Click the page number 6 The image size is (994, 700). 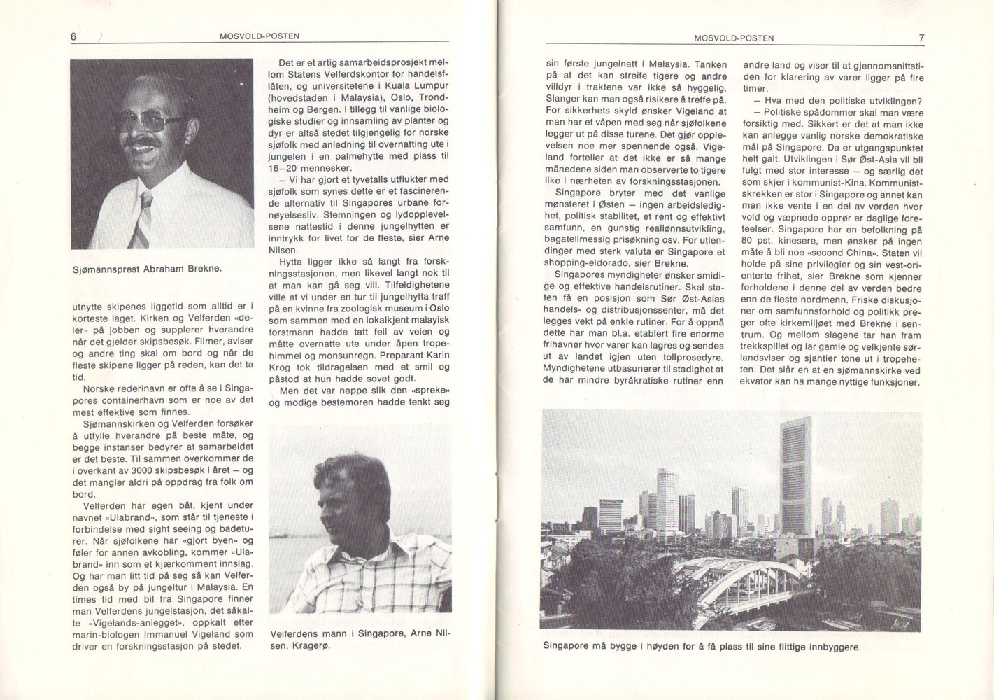tap(73, 37)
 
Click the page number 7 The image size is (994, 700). tap(921, 38)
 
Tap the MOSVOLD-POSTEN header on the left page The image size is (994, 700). tap(260, 36)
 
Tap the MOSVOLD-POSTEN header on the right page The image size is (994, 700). tap(734, 38)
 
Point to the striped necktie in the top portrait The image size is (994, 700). tap(142, 219)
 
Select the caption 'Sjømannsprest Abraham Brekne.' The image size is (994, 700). tap(147, 269)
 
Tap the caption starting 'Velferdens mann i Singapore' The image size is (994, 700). tap(360, 640)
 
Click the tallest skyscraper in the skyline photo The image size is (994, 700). tap(796, 476)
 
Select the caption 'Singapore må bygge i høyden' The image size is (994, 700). tap(702, 646)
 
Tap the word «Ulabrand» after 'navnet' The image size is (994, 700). tap(125, 517)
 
